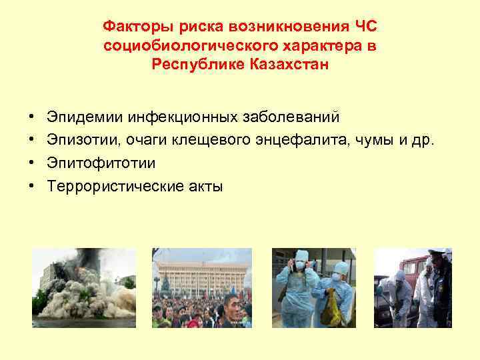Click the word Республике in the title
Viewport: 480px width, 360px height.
[193, 66]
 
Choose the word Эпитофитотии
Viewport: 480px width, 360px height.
[92, 163]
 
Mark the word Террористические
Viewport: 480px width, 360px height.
[111, 186]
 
